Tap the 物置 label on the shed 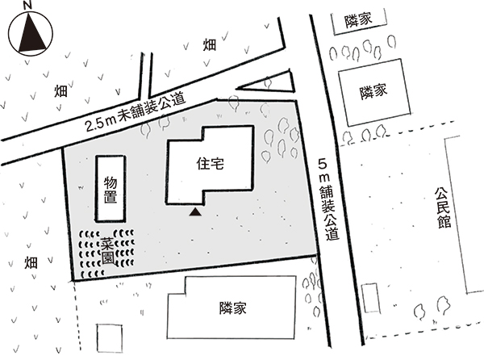[111, 187]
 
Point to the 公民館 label [443, 208]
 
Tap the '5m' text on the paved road [323, 171]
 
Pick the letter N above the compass [28, 6]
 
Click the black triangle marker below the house [194, 212]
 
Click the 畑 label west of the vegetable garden [31, 263]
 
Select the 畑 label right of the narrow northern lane [210, 45]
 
